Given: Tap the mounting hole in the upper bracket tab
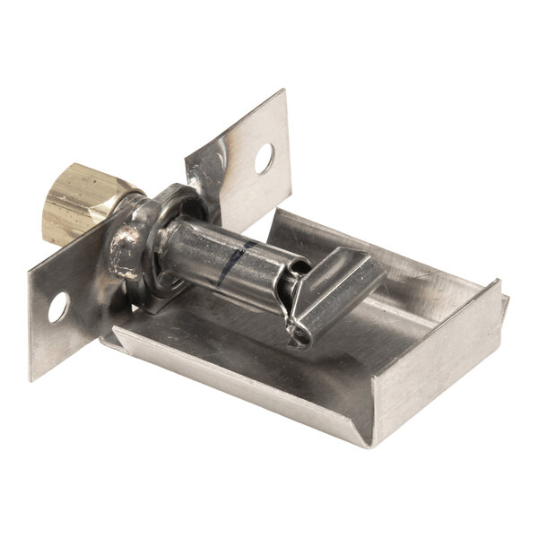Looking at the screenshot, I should coord(264,159).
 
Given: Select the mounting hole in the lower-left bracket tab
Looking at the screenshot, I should coord(57,310).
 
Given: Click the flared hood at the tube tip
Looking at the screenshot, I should coord(345,278).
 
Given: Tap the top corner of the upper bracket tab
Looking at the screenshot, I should coord(283,91).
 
